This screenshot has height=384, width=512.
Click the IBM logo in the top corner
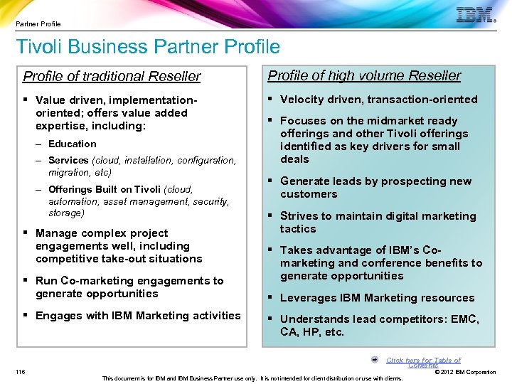(475, 15)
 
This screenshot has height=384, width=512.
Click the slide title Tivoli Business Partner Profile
(148, 48)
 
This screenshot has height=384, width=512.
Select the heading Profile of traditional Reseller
(112, 76)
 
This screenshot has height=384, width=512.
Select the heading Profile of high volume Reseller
(363, 75)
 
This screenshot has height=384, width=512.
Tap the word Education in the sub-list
(72, 144)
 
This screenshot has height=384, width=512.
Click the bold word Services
(68, 161)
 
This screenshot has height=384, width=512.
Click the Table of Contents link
(423, 363)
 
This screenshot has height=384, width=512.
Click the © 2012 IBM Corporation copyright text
(465, 372)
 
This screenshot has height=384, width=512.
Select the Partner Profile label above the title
(38, 23)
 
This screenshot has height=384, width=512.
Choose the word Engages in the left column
(59, 316)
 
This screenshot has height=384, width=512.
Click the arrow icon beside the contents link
(374, 360)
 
